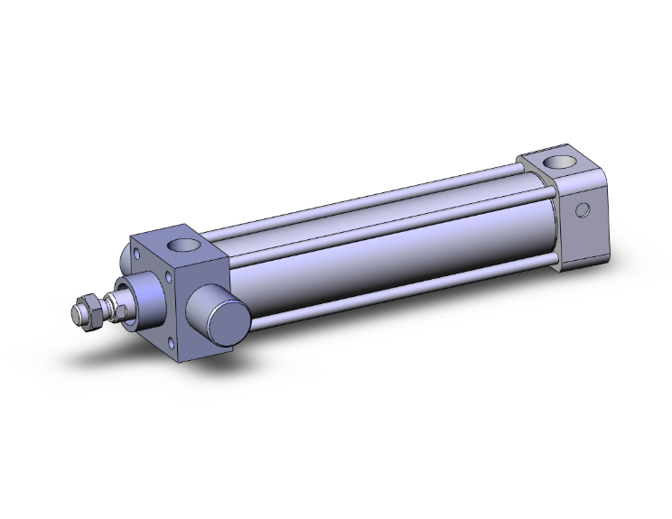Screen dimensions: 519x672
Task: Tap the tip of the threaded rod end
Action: pyautogui.click(x=76, y=316)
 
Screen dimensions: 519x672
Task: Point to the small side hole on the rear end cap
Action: pyautogui.click(x=583, y=210)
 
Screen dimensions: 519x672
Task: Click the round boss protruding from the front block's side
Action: pyautogui.click(x=217, y=312)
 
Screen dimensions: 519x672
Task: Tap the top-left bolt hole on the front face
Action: pyautogui.click(x=137, y=258)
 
